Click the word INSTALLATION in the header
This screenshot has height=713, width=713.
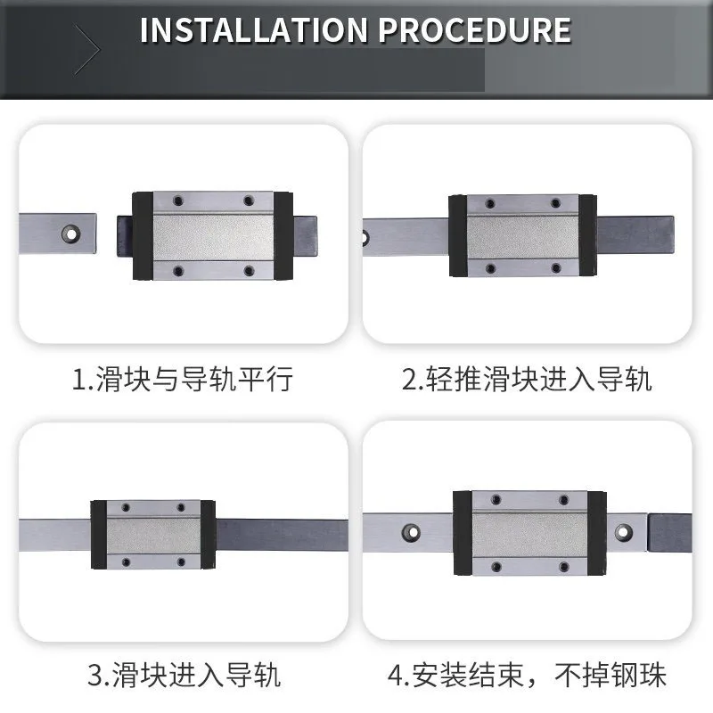point(253,30)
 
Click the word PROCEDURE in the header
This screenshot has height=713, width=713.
point(474,30)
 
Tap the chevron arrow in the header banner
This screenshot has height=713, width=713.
point(87,49)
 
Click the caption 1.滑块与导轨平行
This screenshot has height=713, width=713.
point(182,380)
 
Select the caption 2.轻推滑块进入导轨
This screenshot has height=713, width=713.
point(527,380)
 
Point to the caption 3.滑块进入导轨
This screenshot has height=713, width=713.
point(184,675)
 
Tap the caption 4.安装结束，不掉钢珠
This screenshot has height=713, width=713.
point(527,675)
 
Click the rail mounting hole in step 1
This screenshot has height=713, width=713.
point(71,234)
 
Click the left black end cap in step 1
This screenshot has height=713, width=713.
point(143,235)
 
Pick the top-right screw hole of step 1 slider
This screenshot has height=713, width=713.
point(249,201)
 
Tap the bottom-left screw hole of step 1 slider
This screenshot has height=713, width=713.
point(177,271)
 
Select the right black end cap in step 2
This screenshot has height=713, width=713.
point(587,235)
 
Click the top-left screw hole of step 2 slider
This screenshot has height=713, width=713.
point(489,203)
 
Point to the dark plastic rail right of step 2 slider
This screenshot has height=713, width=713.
point(635,235)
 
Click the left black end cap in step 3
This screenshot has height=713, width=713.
point(99,535)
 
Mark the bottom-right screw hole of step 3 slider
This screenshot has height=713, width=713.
point(181,562)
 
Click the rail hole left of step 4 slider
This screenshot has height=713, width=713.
point(412,532)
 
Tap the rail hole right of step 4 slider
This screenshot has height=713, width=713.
point(623,531)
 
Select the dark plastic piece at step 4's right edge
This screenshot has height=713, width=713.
point(670,533)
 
